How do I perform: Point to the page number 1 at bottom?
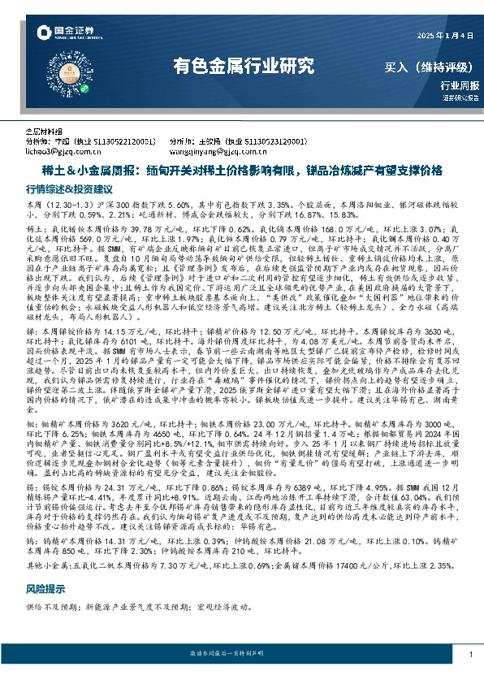(470, 654)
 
